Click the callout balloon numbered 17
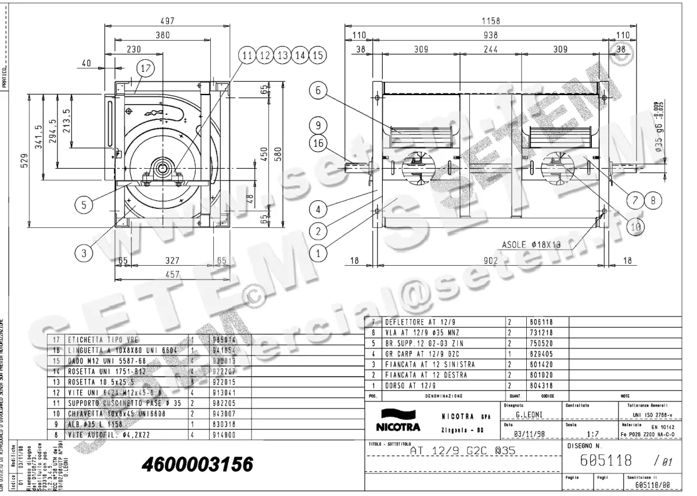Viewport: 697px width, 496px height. point(146,68)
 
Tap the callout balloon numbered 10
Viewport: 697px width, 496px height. point(636,227)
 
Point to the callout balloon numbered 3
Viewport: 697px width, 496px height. point(84,253)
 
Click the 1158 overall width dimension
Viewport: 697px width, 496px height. point(491,21)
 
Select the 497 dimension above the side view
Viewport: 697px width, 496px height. point(167,20)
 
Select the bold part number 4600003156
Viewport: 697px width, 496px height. point(197,464)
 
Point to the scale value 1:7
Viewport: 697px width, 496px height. point(593,433)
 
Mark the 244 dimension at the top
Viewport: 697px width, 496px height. point(491,50)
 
